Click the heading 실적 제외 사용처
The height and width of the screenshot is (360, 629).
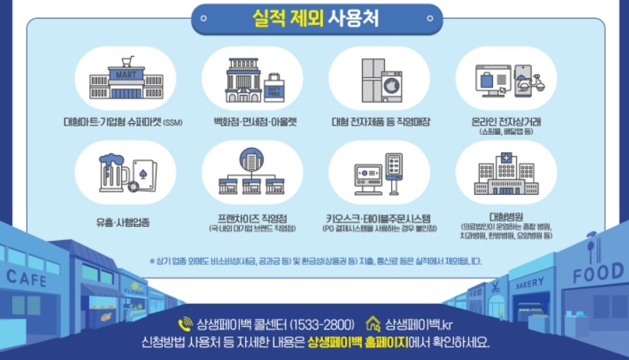[x=315, y=19]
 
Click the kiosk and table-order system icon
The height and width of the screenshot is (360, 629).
[x=379, y=174]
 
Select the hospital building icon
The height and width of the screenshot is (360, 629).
[x=506, y=173]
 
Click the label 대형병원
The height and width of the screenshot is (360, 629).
[x=506, y=216]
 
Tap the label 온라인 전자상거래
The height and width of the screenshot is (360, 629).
[x=506, y=122]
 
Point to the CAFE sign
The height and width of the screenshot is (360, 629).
[x=26, y=277]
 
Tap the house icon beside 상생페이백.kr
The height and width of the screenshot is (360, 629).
[x=373, y=324]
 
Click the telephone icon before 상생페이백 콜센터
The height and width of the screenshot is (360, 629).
[x=186, y=325]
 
